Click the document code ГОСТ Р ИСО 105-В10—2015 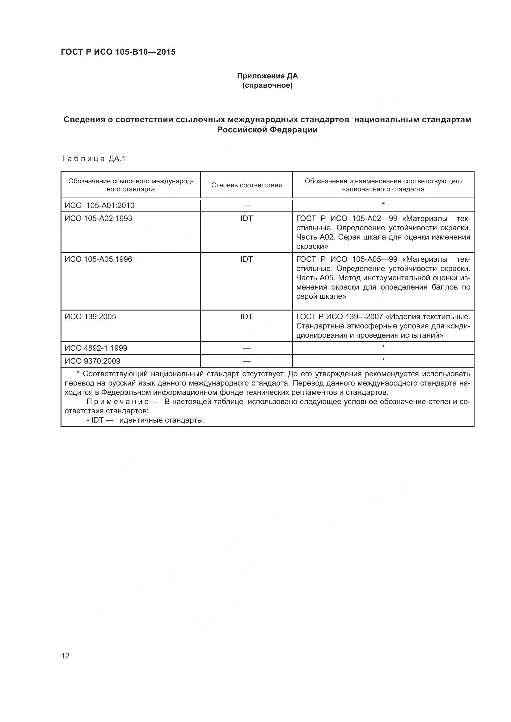pyautogui.click(x=118, y=52)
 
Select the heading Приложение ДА pyautogui.click(x=267, y=76)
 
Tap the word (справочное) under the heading pyautogui.click(x=267, y=85)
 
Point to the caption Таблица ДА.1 pyautogui.click(x=93, y=158)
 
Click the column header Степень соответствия pyautogui.click(x=246, y=185)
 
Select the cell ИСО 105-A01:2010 pyautogui.click(x=99, y=205)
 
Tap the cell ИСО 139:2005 pyautogui.click(x=90, y=317)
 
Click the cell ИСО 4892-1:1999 pyautogui.click(x=96, y=348)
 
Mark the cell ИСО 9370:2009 pyautogui.click(x=92, y=361)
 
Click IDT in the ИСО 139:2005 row pyautogui.click(x=246, y=317)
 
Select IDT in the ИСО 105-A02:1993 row pyautogui.click(x=246, y=218)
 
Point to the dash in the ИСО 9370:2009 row pyautogui.click(x=246, y=361)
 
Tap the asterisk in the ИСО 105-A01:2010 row pyautogui.click(x=383, y=205)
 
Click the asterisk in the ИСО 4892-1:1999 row pyautogui.click(x=383, y=347)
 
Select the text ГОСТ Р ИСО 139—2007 pyautogui.click(x=339, y=317)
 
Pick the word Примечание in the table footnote pyautogui.click(x=117, y=402)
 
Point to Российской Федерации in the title pyautogui.click(x=267, y=130)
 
